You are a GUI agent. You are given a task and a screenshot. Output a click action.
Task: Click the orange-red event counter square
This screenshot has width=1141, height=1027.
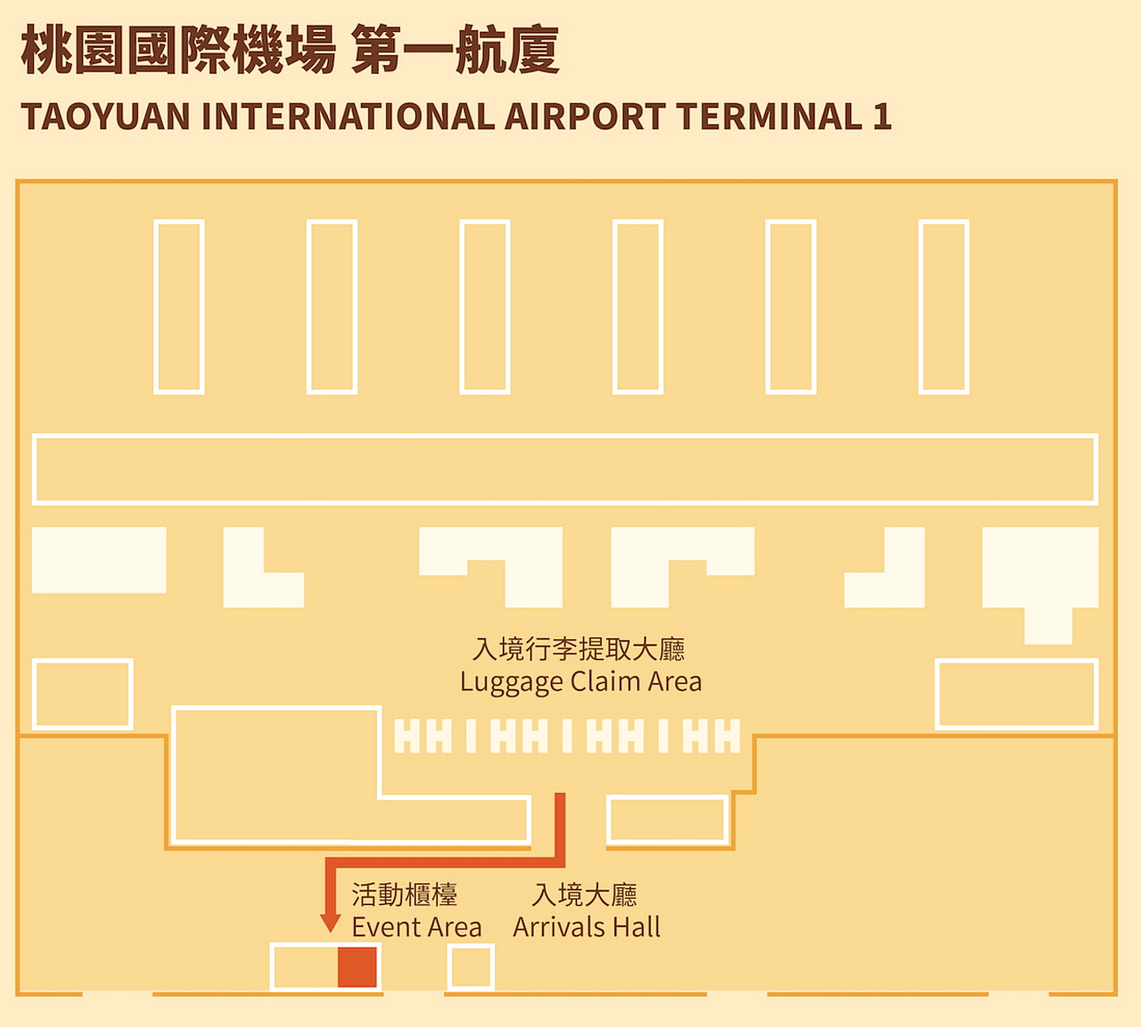pyautogui.click(x=357, y=967)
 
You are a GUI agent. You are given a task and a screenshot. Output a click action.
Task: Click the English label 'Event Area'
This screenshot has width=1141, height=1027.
pyautogui.click(x=416, y=927)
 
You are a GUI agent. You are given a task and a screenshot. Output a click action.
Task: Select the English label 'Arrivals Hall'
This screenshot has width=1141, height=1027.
pyautogui.click(x=587, y=927)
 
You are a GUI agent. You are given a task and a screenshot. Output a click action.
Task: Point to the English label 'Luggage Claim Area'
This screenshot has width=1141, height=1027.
pyautogui.click(x=580, y=682)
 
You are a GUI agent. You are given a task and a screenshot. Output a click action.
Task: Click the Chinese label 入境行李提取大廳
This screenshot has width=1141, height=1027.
pyautogui.click(x=579, y=649)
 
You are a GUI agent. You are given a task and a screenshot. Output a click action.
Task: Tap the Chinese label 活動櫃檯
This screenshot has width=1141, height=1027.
pyautogui.click(x=405, y=894)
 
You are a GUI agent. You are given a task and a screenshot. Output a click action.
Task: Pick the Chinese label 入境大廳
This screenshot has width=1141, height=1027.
pyautogui.click(x=585, y=894)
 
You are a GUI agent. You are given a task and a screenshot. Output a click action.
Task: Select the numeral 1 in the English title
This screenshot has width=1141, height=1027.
pyautogui.click(x=882, y=117)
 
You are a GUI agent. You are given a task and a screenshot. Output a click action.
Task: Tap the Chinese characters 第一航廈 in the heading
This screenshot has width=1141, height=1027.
pyautogui.click(x=456, y=50)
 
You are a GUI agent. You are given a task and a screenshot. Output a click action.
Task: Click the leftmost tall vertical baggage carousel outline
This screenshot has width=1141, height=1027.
pyautogui.click(x=179, y=307)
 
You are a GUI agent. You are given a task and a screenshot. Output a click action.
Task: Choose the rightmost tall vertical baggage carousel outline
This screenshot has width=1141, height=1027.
pyautogui.click(x=944, y=307)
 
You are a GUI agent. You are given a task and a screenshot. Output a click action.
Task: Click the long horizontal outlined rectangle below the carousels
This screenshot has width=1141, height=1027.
pyautogui.click(x=565, y=469)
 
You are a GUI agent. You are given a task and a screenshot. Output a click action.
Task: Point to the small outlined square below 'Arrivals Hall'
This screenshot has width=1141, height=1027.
pyautogui.click(x=470, y=968)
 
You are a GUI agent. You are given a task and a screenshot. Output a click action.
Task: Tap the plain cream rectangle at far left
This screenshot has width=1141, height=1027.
pyautogui.click(x=99, y=560)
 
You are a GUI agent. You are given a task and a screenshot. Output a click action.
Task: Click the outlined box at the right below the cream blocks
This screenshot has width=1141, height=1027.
pyautogui.click(x=1016, y=694)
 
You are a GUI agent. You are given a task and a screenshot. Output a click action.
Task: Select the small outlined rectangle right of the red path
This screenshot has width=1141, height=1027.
pyautogui.click(x=668, y=819)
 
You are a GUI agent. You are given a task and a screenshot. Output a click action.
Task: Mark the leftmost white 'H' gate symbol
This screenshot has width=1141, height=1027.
pyautogui.click(x=406, y=736)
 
